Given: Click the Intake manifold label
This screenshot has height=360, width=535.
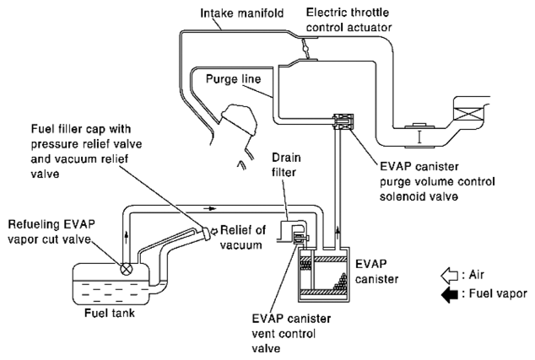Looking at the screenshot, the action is click(241, 13).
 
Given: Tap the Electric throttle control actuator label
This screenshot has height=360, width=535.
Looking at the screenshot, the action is click(349, 19).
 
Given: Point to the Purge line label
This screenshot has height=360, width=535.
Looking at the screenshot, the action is click(234, 79).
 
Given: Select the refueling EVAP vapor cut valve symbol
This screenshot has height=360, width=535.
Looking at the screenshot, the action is click(127, 269).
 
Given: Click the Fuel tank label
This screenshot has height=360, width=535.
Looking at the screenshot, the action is click(110, 313).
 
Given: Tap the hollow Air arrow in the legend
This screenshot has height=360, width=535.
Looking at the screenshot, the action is click(449, 275).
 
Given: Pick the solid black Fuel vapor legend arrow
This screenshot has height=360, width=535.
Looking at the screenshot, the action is click(449, 294).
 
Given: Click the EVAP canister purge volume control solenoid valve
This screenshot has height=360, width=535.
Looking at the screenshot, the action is click(343, 121).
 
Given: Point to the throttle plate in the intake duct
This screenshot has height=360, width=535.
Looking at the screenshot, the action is click(306, 48).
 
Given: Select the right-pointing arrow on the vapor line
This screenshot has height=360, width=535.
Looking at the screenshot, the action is click(212, 208).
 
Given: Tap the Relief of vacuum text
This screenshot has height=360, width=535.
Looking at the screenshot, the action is click(242, 237).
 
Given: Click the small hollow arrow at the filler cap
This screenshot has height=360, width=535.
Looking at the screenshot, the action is click(214, 232).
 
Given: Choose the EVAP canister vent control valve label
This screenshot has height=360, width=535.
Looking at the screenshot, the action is click(291, 333).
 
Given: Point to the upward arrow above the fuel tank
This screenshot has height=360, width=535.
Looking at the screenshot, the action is click(127, 237).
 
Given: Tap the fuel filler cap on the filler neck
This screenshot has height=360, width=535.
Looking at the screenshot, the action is click(205, 234).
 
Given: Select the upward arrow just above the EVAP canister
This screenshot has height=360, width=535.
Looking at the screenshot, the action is click(338, 233).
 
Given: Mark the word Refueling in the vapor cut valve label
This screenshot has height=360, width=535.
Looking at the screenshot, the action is click(30, 224).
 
